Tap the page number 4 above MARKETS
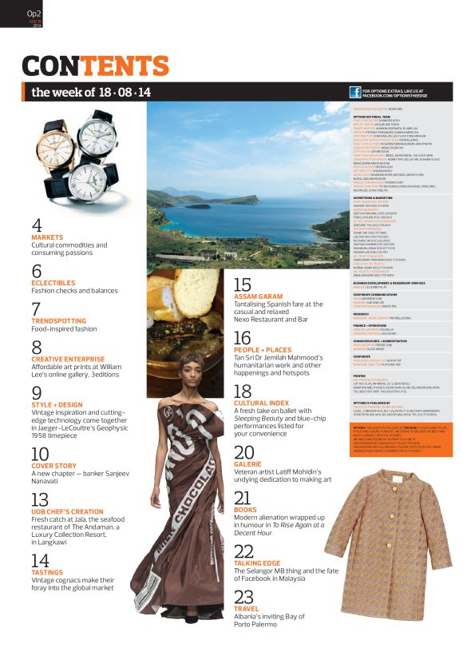coord(37,225)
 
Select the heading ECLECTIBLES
coord(53,282)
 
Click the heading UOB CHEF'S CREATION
coord(67,511)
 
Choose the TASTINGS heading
coord(48,572)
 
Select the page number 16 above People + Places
coord(242,337)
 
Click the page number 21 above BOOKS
coord(243,498)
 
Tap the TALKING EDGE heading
coord(257,563)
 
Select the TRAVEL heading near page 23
coord(247,609)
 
